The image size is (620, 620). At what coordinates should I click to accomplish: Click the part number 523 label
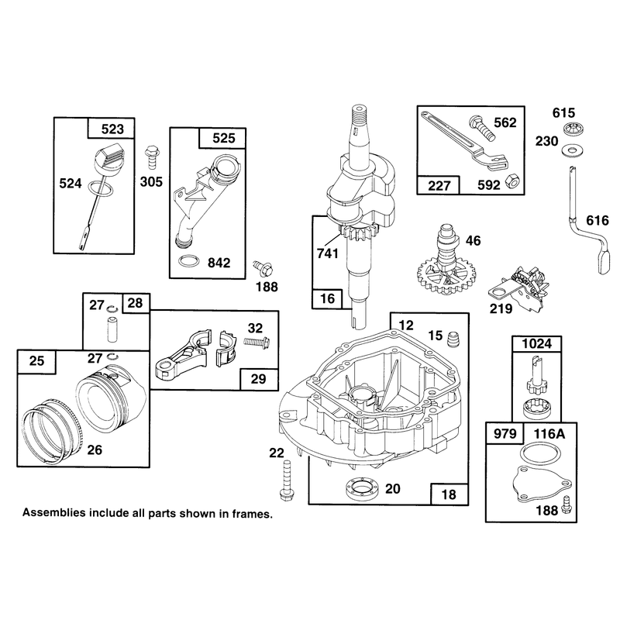(112, 129)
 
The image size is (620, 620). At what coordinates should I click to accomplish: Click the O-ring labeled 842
(188, 261)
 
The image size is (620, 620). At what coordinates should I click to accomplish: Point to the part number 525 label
(224, 138)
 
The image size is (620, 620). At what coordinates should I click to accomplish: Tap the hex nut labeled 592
(512, 183)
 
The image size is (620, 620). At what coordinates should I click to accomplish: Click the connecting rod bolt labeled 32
(257, 340)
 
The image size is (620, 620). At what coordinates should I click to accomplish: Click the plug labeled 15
(451, 339)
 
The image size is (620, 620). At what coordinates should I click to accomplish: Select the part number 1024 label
(537, 343)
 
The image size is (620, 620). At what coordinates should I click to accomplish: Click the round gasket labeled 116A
(540, 453)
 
